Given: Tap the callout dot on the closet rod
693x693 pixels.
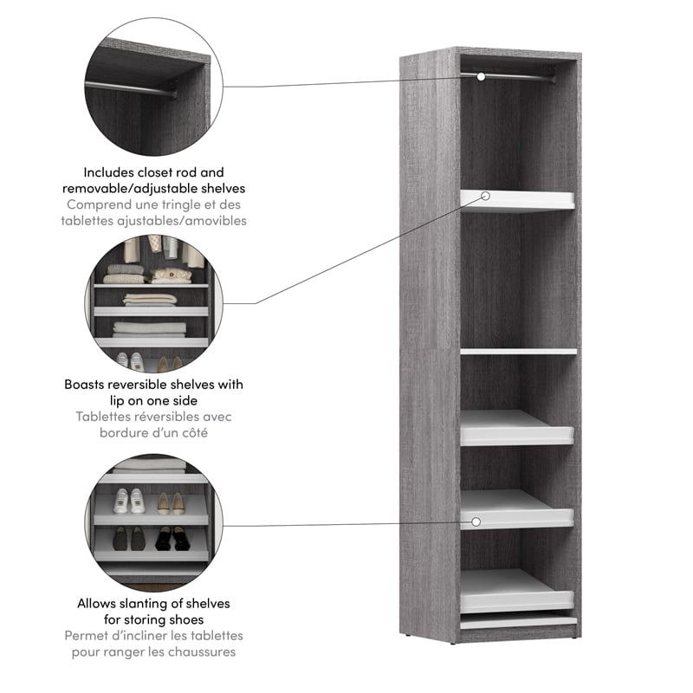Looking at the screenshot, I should (x=479, y=77).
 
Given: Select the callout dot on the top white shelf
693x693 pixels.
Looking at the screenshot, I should (x=485, y=197).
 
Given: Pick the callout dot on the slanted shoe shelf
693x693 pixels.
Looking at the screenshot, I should (x=476, y=521).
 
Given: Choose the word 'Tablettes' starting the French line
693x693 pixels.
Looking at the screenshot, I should (x=105, y=417).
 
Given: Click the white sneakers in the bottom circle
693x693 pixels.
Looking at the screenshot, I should (x=128, y=502).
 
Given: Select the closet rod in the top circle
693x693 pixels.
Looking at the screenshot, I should (x=130, y=87).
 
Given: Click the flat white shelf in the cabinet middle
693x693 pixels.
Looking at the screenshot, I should (x=518, y=351).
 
